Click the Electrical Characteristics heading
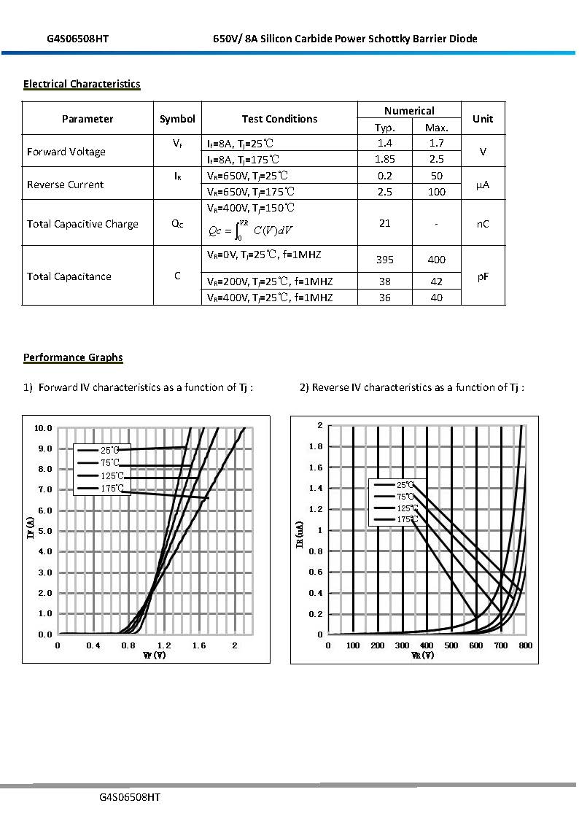click(82, 84)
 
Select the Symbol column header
click(177, 119)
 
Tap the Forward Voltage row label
click(66, 152)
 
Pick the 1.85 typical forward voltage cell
click(385, 159)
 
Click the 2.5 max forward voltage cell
click(436, 159)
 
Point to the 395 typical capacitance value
click(385, 260)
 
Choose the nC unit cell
click(483, 224)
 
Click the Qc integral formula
click(250, 230)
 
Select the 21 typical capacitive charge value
click(385, 223)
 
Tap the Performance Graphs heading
click(73, 357)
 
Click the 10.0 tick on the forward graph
click(44, 428)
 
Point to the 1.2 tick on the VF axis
click(164, 645)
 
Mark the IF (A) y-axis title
click(29, 527)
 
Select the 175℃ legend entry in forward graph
click(112, 489)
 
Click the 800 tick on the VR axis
click(526, 645)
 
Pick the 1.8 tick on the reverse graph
click(315, 446)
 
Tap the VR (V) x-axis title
click(423, 656)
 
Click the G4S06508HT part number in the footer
click(130, 797)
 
